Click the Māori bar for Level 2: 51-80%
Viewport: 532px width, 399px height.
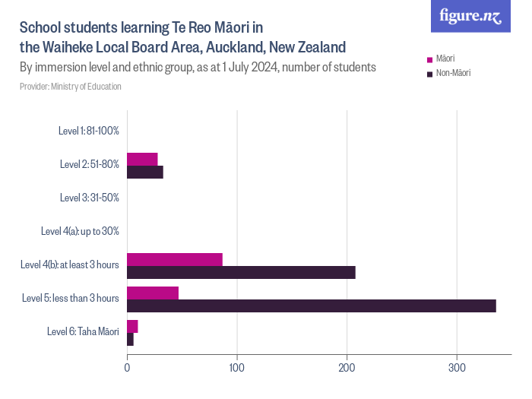tap(142, 159)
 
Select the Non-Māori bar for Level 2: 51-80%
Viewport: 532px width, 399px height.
tap(145, 172)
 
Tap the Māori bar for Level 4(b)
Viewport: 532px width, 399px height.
tap(175, 259)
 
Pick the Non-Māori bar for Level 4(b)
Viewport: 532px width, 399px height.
tap(241, 272)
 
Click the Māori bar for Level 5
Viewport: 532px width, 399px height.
tap(153, 293)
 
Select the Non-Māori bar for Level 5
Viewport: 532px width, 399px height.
tap(312, 306)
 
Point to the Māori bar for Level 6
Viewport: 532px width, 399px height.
tap(132, 326)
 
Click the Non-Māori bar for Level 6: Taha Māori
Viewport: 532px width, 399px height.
tap(130, 339)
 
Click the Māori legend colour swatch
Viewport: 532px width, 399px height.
tap(429, 59)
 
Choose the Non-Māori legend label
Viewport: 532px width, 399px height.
tap(454, 73)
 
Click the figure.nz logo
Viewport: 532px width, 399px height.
tap(470, 17)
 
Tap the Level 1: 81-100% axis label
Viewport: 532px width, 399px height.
tap(88, 131)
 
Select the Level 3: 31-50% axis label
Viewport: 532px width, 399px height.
tap(89, 198)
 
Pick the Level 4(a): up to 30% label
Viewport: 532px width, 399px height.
tap(80, 231)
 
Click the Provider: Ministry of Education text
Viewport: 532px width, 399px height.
tap(71, 87)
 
